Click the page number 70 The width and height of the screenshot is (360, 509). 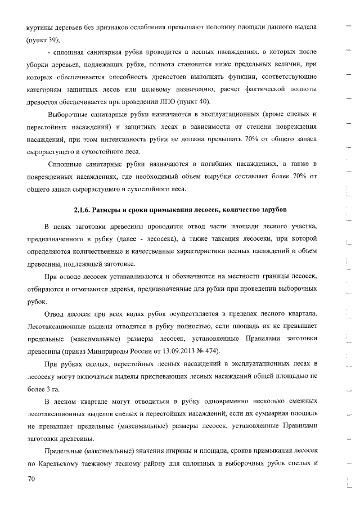(x=31, y=478)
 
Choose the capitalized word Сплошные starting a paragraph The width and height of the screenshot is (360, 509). (x=67, y=163)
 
